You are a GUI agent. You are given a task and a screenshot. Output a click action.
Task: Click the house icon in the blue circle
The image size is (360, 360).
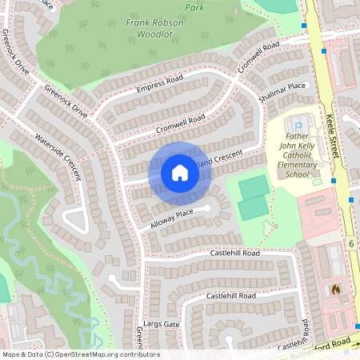point(180,173)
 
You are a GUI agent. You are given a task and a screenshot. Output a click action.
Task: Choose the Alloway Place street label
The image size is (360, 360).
point(171,218)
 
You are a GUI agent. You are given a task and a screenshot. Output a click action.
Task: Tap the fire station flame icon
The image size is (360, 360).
point(335,289)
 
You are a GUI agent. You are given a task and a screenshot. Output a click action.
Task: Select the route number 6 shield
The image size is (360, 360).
point(350,242)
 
